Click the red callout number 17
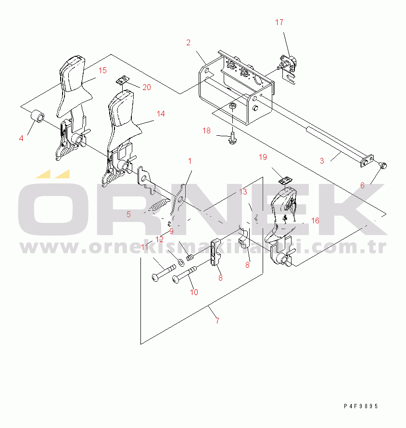pos(279,22)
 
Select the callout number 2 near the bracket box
pos(188,42)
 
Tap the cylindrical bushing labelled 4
pos(38,117)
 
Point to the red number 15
pos(102,70)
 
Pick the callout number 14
pos(161,114)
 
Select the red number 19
pos(263,157)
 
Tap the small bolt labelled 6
pos(383,165)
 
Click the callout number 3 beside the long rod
pos(322,161)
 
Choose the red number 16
pos(315,220)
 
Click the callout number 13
pos(243,192)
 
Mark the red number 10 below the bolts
pos(194,292)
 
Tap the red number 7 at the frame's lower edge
pos(217,321)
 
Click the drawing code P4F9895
pos(361,406)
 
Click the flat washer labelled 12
pos(181,262)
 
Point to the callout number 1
pos(190,161)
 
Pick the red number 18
pos(206,131)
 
